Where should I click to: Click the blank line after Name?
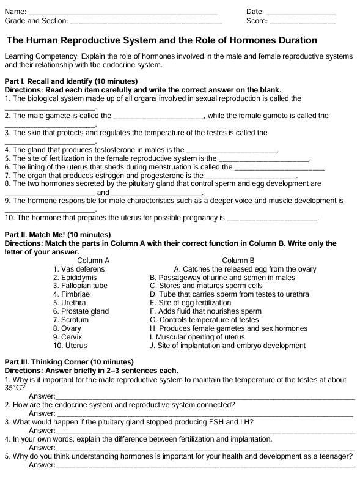click(x=122, y=13)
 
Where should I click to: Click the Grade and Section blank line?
click(x=146, y=22)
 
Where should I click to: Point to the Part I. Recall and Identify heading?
click(x=71, y=81)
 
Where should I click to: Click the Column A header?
click(x=94, y=261)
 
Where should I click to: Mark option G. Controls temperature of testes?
click(x=204, y=320)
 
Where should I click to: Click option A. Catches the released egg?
click(x=244, y=269)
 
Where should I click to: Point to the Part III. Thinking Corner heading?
click(x=68, y=362)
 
